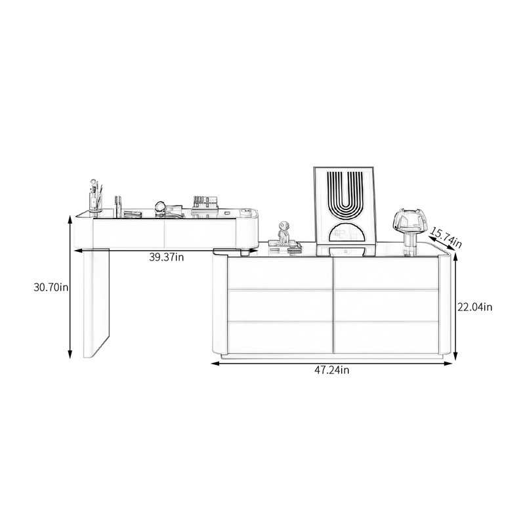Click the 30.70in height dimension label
pos(51,287)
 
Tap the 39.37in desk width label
pos(167,257)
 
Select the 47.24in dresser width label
pos(331,370)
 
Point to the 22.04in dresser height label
pos(474,307)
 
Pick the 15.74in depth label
pos(446,238)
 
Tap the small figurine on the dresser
pos(283,232)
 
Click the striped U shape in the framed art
pos(345,194)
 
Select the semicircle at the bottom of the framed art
pos(345,233)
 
